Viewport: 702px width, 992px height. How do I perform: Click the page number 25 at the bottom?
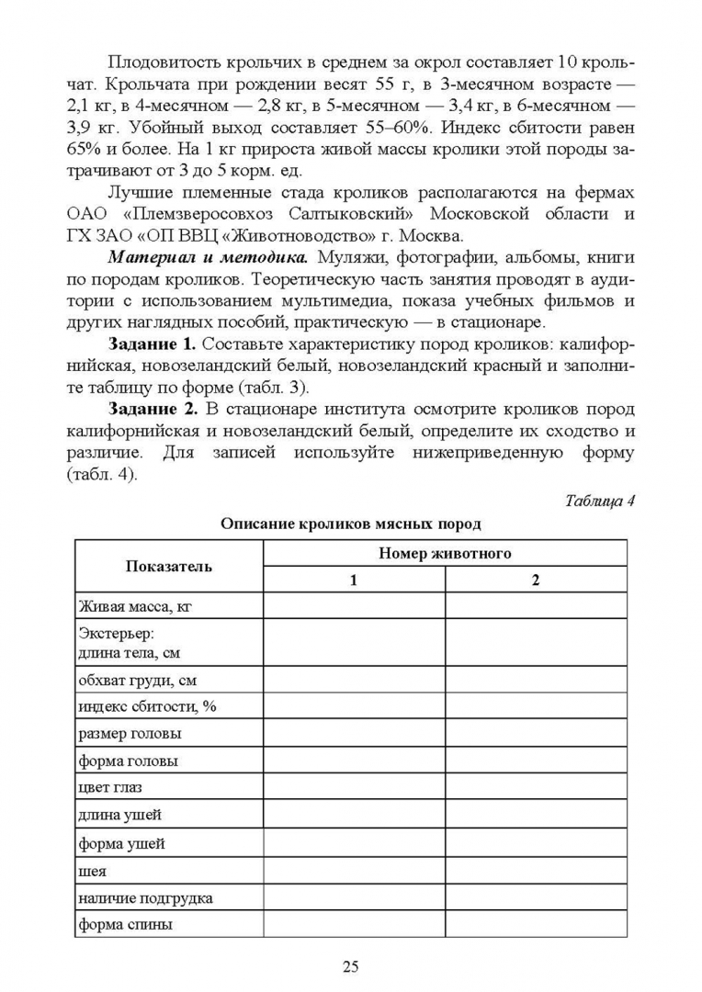pyautogui.click(x=350, y=965)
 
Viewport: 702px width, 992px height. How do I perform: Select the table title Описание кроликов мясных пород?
pyautogui.click(x=350, y=524)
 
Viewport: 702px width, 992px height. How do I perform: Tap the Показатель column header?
pyautogui.click(x=169, y=566)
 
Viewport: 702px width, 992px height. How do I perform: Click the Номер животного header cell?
pyautogui.click(x=445, y=553)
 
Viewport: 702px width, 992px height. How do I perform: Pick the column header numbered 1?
pyautogui.click(x=354, y=580)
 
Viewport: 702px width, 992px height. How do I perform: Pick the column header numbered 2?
pyautogui.click(x=536, y=580)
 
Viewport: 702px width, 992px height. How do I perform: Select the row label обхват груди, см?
pyautogui.click(x=138, y=681)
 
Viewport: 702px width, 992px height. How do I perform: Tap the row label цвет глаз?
pyautogui.click(x=110, y=787)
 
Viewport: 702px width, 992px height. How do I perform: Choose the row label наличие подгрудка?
pyautogui.click(x=145, y=897)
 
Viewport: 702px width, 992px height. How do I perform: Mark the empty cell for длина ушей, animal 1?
pyautogui.click(x=354, y=815)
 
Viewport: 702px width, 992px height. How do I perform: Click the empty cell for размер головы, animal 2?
pyautogui.click(x=536, y=734)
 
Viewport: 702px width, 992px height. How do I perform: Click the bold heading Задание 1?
pyautogui.click(x=152, y=344)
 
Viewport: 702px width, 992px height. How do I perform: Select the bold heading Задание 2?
pyautogui.click(x=152, y=408)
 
